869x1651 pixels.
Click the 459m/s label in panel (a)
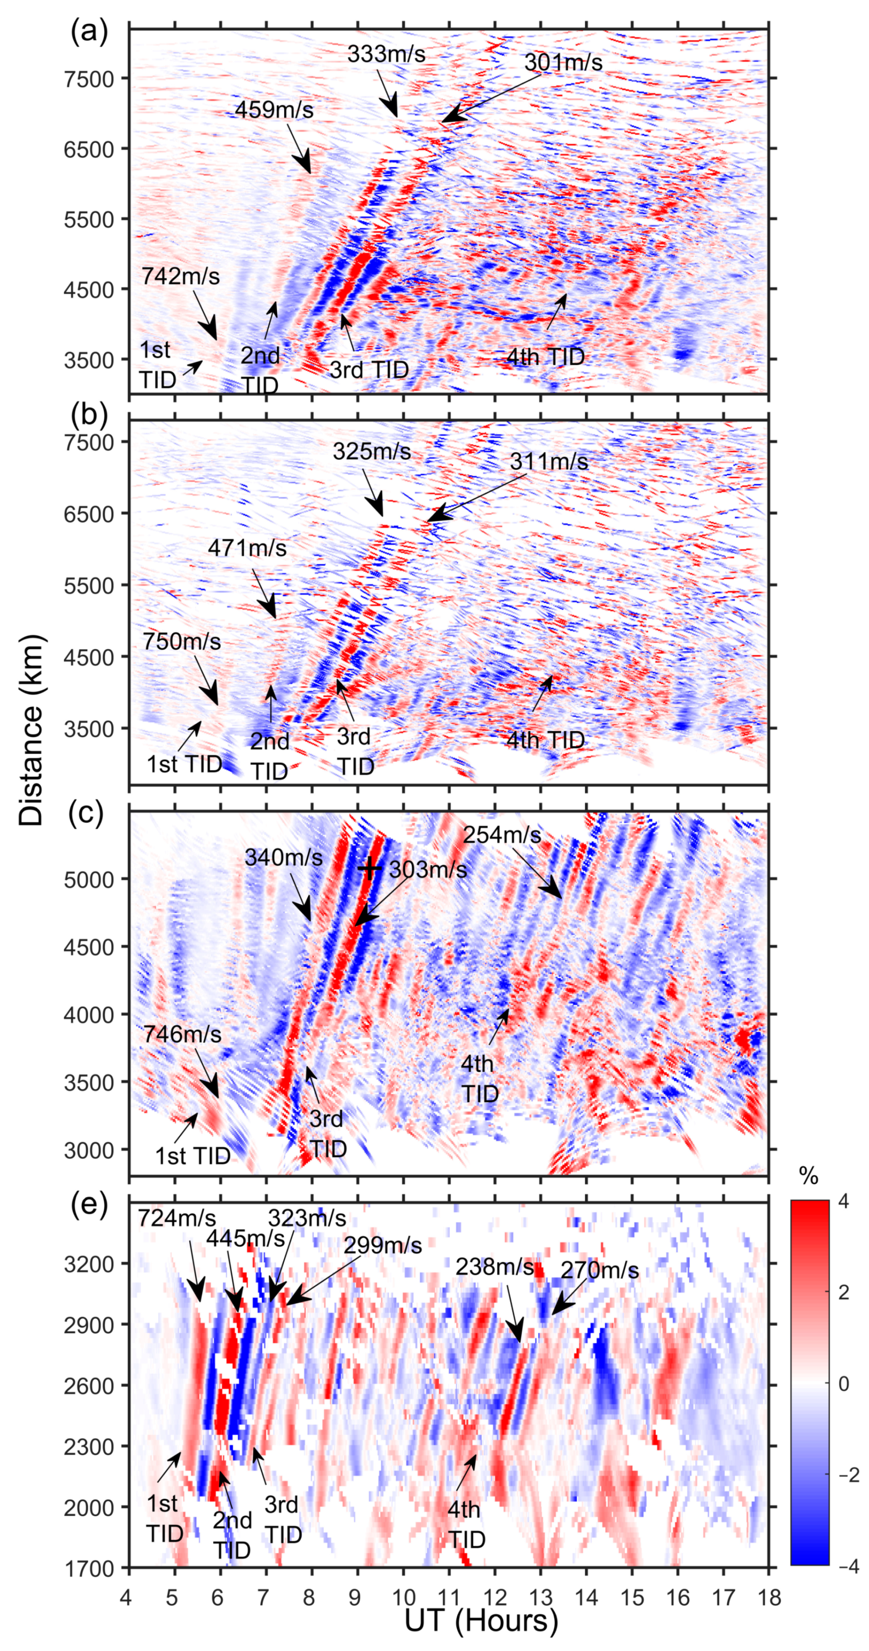[x=274, y=110]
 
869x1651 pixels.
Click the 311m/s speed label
[x=548, y=461]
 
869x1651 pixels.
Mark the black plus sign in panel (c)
[x=370, y=868]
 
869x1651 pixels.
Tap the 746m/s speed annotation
[x=182, y=1034]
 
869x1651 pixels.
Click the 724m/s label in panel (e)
[x=177, y=1218]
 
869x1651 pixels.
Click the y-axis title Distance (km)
[x=31, y=730]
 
